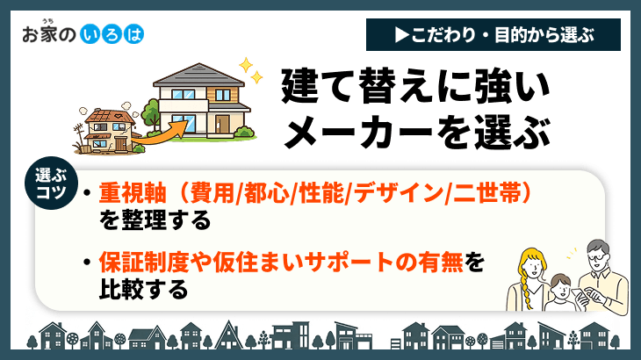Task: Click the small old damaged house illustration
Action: [x=106, y=128]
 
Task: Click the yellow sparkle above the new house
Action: [x=248, y=66]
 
